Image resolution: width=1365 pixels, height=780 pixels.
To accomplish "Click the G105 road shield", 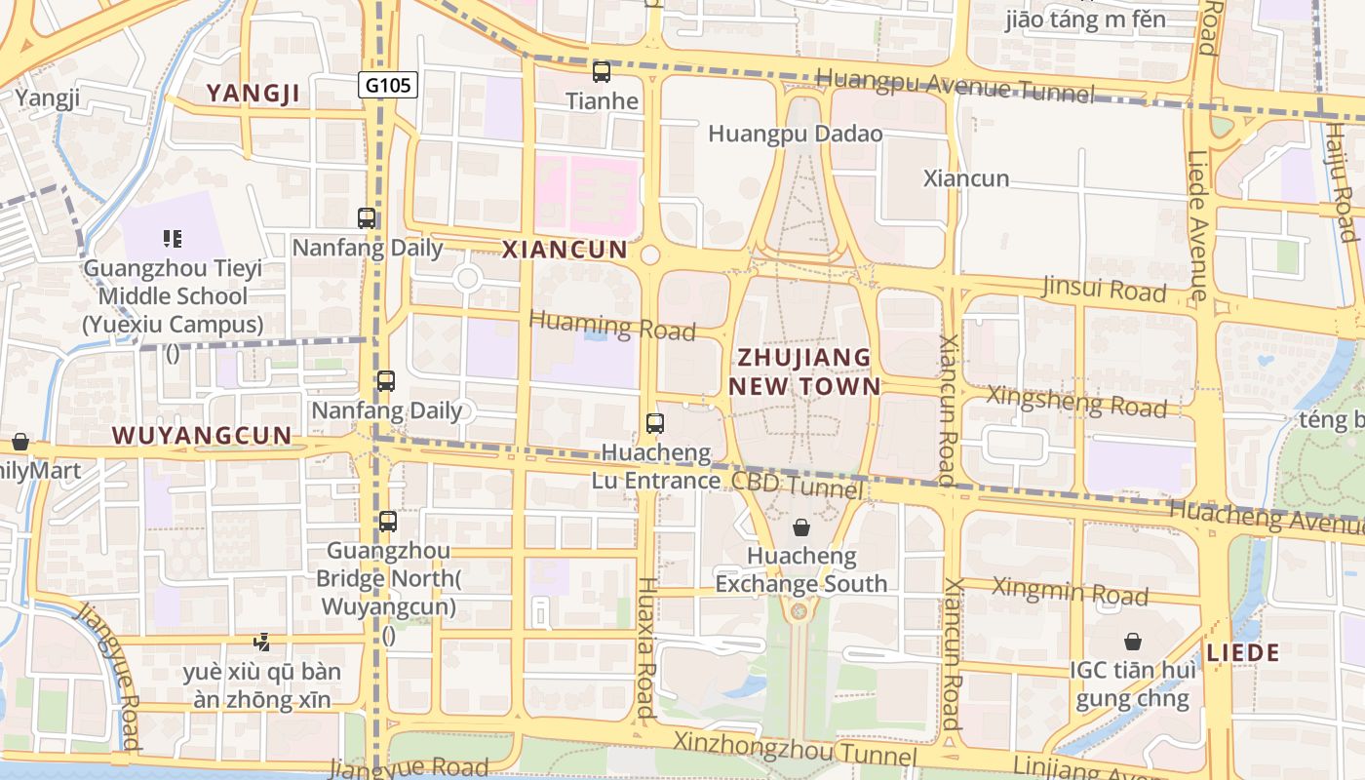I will (387, 86).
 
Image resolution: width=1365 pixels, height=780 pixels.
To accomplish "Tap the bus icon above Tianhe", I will (602, 71).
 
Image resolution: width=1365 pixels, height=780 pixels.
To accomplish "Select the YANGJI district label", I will (253, 94).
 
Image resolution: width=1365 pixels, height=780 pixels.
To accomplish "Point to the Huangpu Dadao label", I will (795, 134).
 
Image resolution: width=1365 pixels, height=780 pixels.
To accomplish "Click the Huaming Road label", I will (612, 326).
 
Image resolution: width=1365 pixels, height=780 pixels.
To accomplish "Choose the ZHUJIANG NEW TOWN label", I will (804, 371).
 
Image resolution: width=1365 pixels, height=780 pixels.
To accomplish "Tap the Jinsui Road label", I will (1104, 289).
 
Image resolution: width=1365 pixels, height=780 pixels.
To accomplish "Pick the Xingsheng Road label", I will (1076, 400).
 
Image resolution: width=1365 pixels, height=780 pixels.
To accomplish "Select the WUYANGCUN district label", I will (202, 435).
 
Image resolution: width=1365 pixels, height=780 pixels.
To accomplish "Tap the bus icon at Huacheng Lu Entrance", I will (655, 423).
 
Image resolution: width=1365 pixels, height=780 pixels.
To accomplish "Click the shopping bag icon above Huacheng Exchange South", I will (801, 527).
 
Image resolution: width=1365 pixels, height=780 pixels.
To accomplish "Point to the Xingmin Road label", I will (1070, 591).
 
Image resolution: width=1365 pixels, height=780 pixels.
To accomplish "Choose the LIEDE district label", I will (1243, 653).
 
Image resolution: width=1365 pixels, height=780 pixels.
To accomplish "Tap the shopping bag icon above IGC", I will (1133, 642).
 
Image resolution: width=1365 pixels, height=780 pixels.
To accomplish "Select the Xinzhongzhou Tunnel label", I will (795, 749).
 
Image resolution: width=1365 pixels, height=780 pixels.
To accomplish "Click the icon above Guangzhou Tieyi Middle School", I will (173, 238).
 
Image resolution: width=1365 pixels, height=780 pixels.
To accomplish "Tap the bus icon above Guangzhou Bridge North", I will (388, 522).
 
